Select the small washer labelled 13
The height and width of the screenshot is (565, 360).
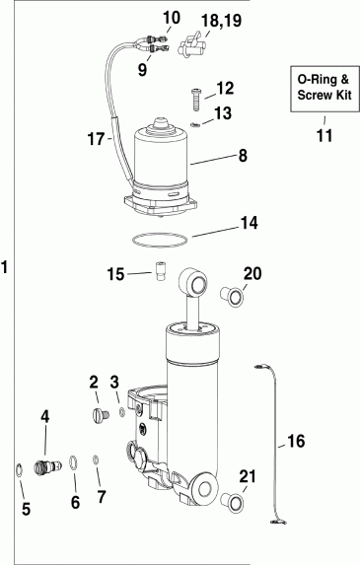[x=196, y=124]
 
